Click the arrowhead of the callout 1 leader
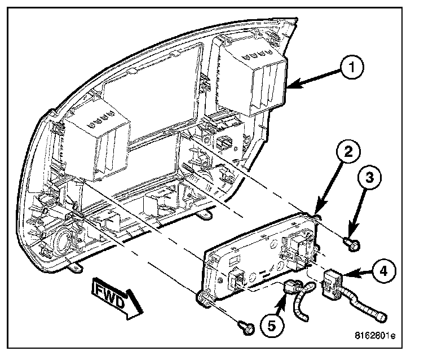tap(293, 86)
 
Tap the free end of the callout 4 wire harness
tap(382, 316)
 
